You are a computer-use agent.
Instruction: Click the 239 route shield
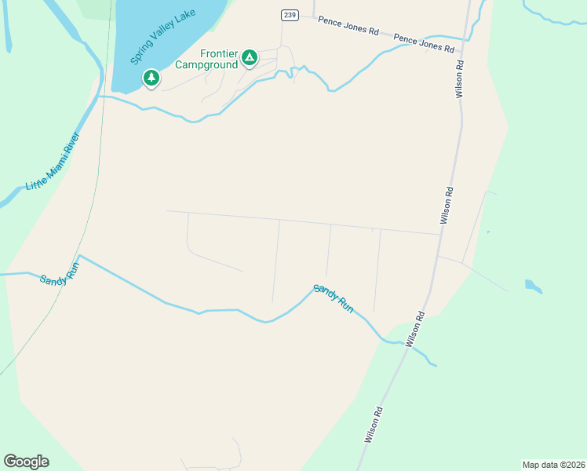[290, 16]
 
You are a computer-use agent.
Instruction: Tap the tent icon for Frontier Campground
[249, 57]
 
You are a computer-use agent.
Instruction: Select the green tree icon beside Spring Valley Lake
[151, 78]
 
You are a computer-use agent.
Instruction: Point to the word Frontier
[219, 53]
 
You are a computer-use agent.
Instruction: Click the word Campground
[206, 65]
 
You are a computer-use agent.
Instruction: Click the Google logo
[26, 461]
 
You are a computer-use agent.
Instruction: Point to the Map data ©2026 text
[552, 464]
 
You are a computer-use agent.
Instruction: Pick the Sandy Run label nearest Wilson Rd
[334, 299]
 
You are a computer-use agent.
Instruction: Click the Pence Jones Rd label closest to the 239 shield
[348, 27]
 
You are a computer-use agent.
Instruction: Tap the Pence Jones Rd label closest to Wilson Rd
[424, 42]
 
